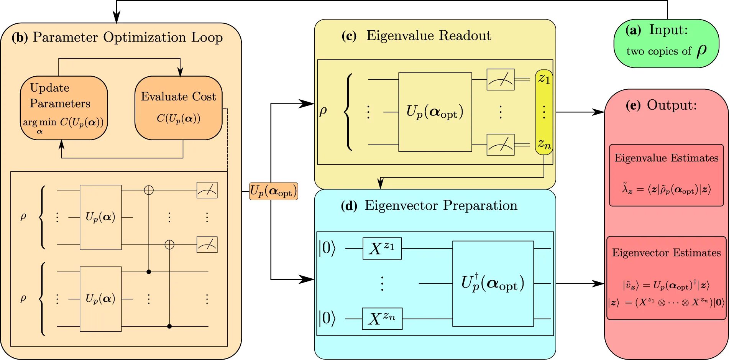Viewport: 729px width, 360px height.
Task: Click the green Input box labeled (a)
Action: click(x=666, y=44)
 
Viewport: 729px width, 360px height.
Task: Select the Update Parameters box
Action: click(x=64, y=108)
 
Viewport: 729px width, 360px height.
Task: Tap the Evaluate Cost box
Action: click(x=179, y=108)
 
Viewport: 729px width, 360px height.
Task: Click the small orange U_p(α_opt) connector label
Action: click(x=274, y=191)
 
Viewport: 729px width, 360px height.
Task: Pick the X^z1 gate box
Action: click(x=382, y=248)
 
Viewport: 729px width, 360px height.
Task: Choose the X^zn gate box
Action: click(x=382, y=319)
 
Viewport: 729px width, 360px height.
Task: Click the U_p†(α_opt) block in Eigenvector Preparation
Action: click(x=493, y=284)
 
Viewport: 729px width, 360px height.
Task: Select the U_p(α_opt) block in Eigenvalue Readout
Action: click(x=435, y=112)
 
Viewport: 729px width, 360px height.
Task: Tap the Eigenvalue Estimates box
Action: click(x=667, y=175)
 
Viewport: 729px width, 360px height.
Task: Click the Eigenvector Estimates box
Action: click(x=667, y=278)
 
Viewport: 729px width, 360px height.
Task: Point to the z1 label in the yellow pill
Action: click(x=544, y=79)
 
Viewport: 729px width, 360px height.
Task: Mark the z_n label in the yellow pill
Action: click(x=544, y=144)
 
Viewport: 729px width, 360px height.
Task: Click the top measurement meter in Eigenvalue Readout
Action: click(x=501, y=79)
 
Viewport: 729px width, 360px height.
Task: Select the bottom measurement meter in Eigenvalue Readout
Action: click(x=501, y=145)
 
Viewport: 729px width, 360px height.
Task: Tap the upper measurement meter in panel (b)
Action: click(x=207, y=190)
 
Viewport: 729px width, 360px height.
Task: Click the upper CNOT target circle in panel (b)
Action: click(x=149, y=190)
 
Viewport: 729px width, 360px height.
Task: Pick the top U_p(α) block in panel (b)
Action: click(x=100, y=217)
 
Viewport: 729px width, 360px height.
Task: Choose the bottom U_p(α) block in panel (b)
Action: click(x=100, y=299)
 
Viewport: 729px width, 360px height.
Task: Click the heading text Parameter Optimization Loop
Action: click(x=128, y=38)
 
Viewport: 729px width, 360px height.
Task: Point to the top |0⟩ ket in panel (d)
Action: click(x=327, y=248)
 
